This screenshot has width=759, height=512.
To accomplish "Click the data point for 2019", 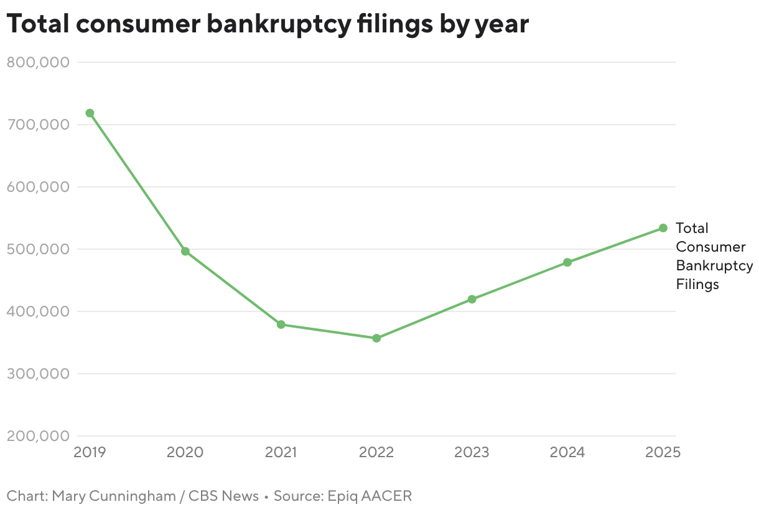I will pyautogui.click(x=90, y=113).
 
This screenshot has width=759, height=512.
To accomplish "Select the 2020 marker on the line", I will pyautogui.click(x=185, y=252).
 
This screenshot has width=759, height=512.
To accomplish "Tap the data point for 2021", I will pyautogui.click(x=281, y=325).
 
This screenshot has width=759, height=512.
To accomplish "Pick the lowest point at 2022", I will pyautogui.click(x=376, y=338).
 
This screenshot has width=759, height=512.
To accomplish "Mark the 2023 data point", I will pyautogui.click(x=472, y=299).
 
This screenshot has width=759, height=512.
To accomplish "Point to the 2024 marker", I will pyautogui.click(x=567, y=262).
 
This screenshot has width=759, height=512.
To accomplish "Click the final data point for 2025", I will pyautogui.click(x=663, y=228).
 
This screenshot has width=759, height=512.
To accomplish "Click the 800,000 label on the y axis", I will pyautogui.click(x=38, y=62).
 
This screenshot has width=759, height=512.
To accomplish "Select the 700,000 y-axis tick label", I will pyautogui.click(x=38, y=125).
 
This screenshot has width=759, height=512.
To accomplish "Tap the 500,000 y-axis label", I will pyautogui.click(x=38, y=249).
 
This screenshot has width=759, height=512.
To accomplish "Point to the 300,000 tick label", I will pyautogui.click(x=38, y=374).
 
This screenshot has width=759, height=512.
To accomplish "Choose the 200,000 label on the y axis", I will pyautogui.click(x=38, y=436).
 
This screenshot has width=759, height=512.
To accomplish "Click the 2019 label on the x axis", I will pyautogui.click(x=90, y=452).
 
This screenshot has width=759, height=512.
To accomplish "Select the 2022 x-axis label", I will pyautogui.click(x=376, y=452).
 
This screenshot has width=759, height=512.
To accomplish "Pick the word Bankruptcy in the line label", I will pyautogui.click(x=714, y=265).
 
